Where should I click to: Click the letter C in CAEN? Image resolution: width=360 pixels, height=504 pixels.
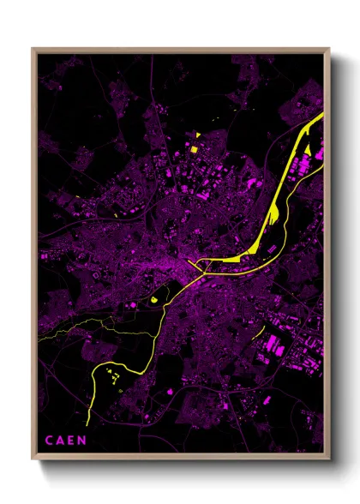(x=49, y=441)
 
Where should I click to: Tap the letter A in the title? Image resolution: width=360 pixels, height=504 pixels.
(x=59, y=441)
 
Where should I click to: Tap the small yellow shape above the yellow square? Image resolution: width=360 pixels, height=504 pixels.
(x=196, y=135)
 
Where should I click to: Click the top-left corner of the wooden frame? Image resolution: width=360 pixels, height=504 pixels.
(x=33, y=50)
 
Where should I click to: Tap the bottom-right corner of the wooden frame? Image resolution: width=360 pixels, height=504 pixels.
(x=328, y=454)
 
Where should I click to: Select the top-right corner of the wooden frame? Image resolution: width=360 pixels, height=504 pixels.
(x=328, y=50)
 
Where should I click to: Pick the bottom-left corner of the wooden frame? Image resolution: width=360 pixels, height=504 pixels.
(x=33, y=454)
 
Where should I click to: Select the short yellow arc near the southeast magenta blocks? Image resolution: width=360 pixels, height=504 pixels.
(x=258, y=329)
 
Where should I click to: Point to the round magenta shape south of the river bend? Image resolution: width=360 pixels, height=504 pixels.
(x=170, y=392)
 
